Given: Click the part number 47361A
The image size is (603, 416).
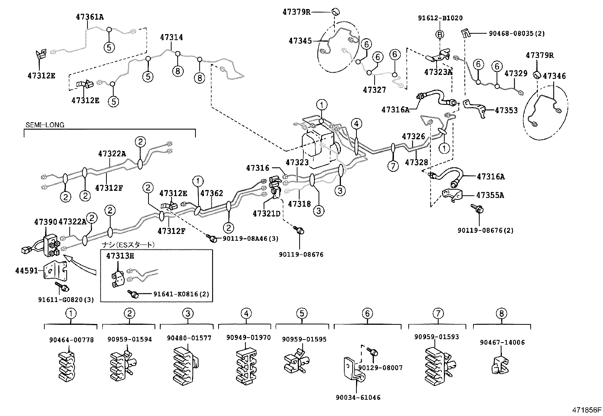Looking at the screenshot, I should [x=90, y=17].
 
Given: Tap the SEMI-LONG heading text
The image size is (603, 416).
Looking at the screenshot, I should [x=45, y=125].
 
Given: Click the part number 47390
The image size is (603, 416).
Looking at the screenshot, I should [x=45, y=221].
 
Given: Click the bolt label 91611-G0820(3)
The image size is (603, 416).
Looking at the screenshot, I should [x=66, y=299].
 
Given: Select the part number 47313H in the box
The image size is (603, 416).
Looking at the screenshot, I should [x=120, y=256].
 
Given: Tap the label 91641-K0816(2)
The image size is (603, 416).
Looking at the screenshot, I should [x=181, y=294].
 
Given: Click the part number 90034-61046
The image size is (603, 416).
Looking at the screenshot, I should [x=358, y=397].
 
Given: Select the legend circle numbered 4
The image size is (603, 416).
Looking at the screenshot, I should [x=246, y=313].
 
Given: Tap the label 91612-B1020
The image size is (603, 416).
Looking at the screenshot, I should [x=440, y=18].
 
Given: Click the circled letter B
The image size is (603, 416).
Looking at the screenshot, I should [x=440, y=34].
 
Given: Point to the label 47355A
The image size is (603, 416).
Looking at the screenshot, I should [x=490, y=195].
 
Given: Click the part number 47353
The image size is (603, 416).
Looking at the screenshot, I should [x=506, y=111].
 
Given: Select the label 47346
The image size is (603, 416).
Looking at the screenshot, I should [x=554, y=76].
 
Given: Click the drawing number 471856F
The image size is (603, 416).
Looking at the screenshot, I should [x=586, y=410].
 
